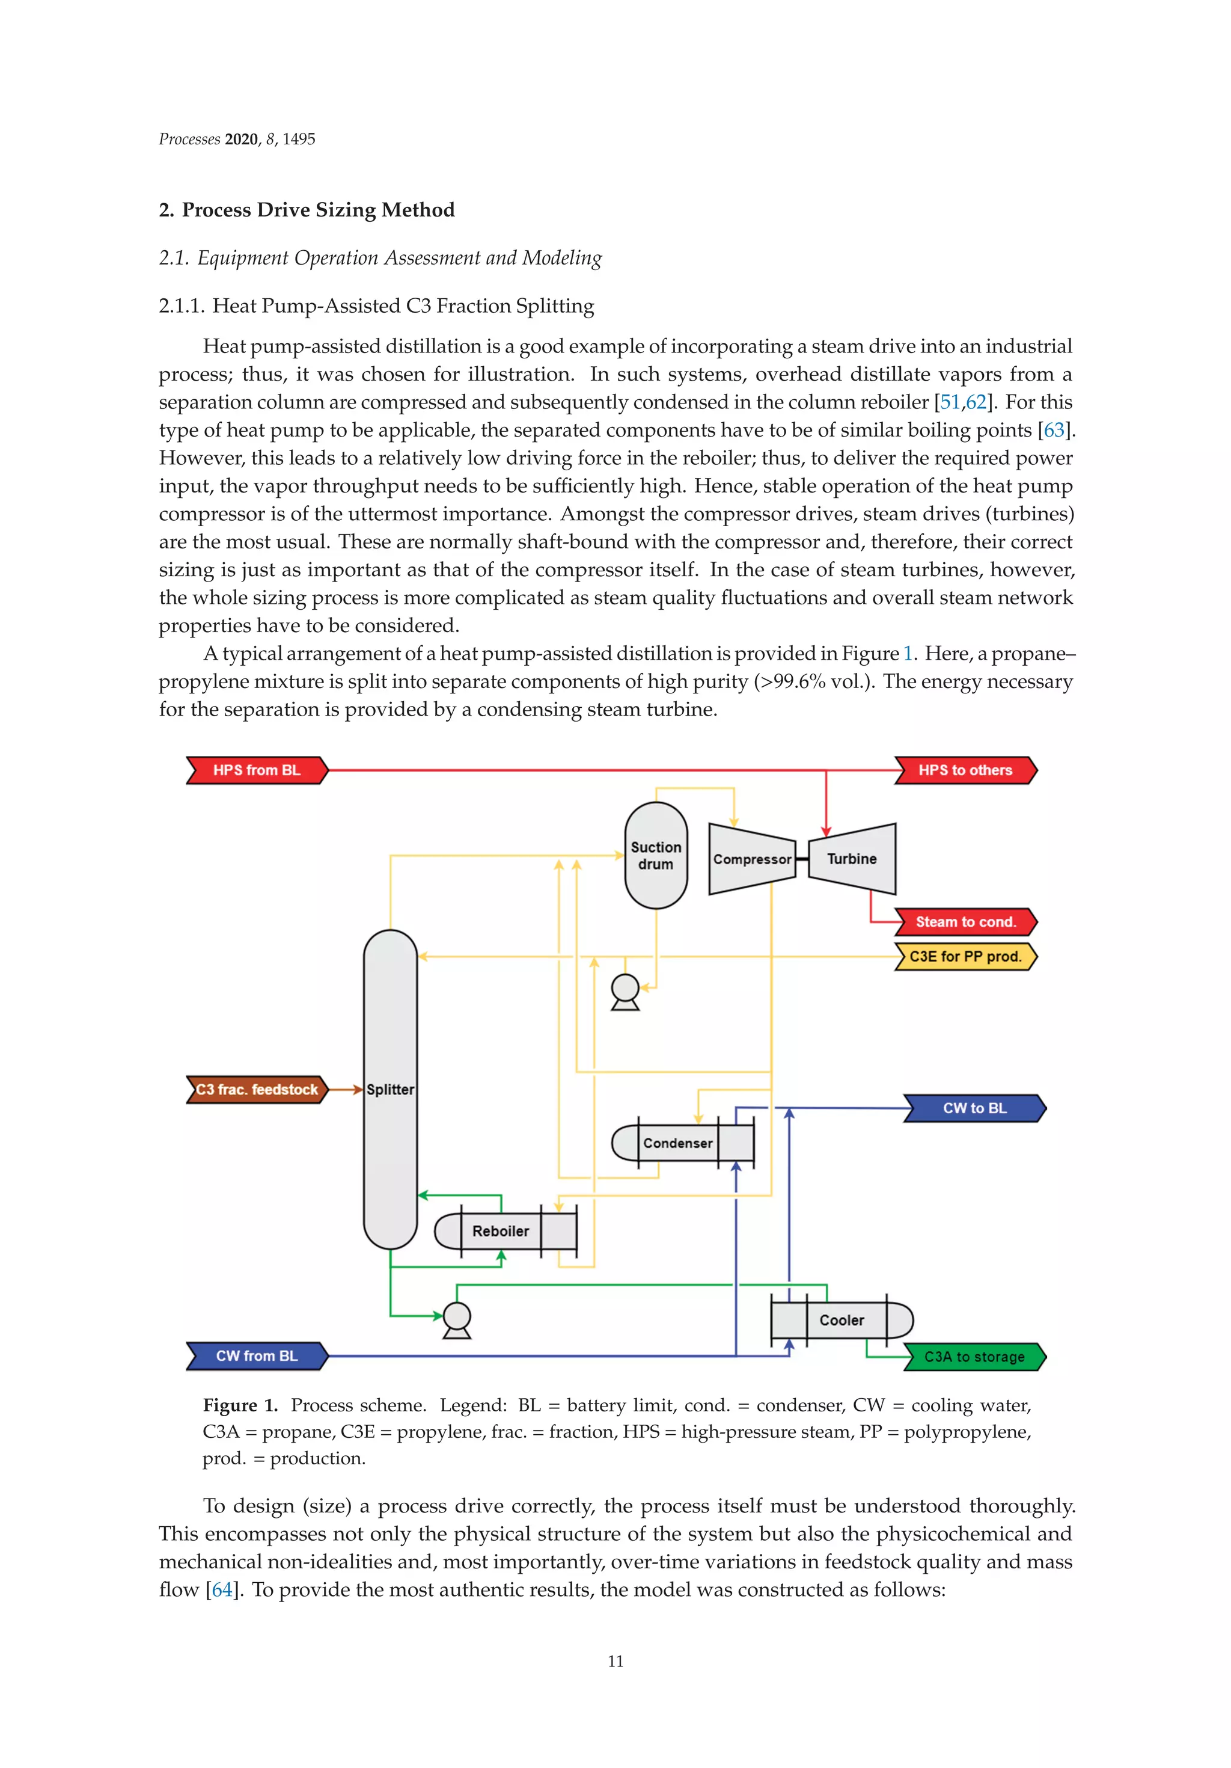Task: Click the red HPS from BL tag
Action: click(257, 770)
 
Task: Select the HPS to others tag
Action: click(965, 770)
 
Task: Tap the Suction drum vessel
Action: click(656, 856)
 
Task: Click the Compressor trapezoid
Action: click(751, 859)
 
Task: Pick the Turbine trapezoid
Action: click(852, 859)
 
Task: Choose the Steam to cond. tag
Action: click(965, 922)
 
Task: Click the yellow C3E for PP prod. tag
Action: click(965, 956)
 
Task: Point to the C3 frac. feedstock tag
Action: click(257, 1090)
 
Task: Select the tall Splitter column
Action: click(390, 1089)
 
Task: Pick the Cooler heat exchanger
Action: click(842, 1321)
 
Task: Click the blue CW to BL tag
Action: click(974, 1108)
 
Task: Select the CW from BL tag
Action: click(257, 1356)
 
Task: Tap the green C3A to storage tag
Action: click(974, 1357)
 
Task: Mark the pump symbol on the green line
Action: click(457, 1319)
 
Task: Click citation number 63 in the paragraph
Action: click(1054, 431)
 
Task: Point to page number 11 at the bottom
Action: click(615, 1661)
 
